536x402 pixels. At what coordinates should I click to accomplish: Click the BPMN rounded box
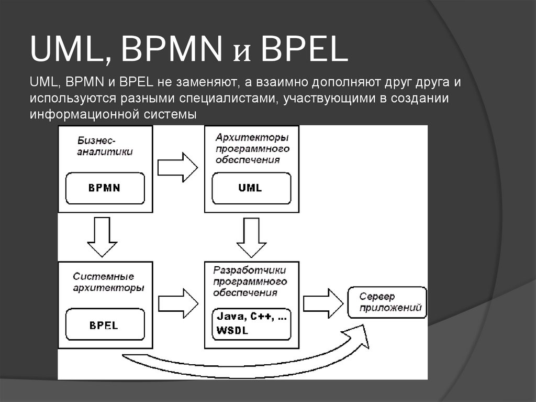pyautogui.click(x=105, y=187)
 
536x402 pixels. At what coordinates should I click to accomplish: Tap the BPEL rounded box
pyautogui.click(x=105, y=325)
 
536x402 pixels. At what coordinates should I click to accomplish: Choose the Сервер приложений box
pyautogui.click(x=386, y=301)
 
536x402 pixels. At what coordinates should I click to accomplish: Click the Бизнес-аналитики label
pyautogui.click(x=105, y=147)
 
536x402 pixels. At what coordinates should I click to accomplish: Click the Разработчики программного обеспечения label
pyautogui.click(x=250, y=281)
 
